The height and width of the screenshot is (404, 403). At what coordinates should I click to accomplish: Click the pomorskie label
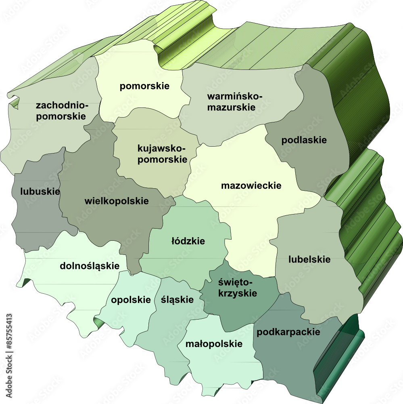(144, 86)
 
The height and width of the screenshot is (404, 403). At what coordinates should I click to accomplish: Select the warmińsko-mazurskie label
(234, 102)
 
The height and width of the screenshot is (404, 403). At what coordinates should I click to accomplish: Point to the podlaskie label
(304, 140)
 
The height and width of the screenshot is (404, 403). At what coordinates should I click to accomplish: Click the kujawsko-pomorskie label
(162, 154)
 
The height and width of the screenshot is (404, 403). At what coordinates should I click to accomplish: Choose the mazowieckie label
(251, 186)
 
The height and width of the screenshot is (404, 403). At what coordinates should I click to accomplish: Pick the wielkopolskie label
(117, 201)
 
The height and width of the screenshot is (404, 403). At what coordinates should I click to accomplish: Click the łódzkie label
(188, 241)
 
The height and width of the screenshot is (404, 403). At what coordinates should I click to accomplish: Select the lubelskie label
(309, 259)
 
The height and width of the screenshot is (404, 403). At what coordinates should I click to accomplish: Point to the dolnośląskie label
(90, 266)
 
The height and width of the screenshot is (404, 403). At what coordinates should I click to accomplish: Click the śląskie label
(177, 300)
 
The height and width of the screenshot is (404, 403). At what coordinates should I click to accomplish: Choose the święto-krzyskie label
(237, 287)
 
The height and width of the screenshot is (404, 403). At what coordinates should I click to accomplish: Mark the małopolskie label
(214, 344)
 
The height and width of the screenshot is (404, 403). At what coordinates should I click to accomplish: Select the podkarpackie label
(288, 332)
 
